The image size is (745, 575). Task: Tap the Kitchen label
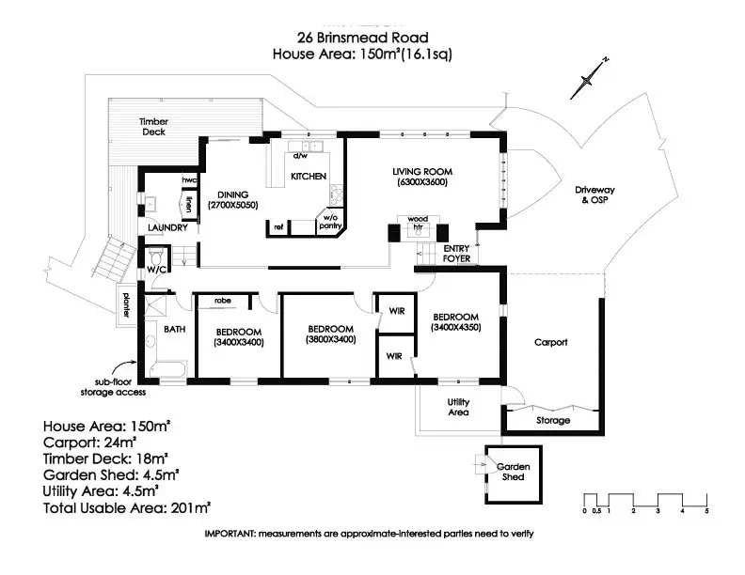[308, 177]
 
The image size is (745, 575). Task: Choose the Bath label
[175, 330]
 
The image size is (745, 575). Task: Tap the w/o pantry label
[329, 222]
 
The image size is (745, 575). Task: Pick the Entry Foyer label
[456, 254]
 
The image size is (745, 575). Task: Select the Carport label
[551, 343]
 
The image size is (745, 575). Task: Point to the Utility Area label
[457, 406]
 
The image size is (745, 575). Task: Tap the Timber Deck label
[153, 127]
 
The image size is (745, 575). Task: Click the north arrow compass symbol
[590, 78]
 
